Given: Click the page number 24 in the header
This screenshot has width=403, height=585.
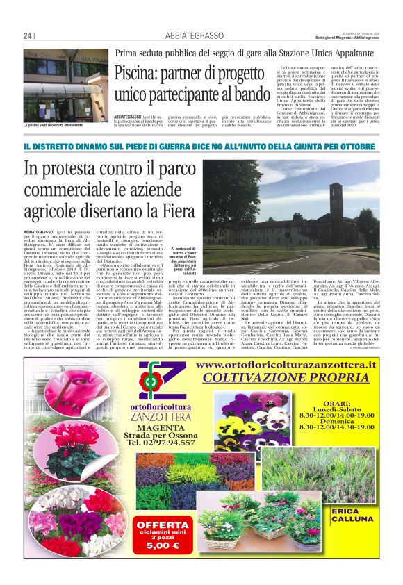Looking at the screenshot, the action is click(x=28, y=35).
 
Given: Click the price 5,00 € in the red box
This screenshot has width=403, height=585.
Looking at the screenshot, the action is click(x=163, y=545).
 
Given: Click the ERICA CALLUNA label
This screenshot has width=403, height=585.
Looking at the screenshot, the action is click(x=355, y=516).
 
